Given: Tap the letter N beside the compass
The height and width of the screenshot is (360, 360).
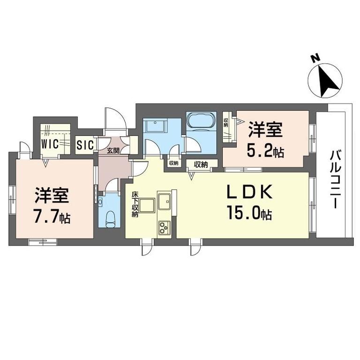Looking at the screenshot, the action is click(x=315, y=58).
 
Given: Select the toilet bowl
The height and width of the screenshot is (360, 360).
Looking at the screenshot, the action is click(x=110, y=219).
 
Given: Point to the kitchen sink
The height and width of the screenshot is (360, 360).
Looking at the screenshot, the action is click(x=164, y=202).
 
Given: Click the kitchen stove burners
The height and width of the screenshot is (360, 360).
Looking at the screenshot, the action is click(x=165, y=228).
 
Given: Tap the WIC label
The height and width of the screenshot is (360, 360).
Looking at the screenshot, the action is click(x=50, y=144).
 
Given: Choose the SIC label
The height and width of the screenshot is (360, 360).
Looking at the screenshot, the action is click(x=85, y=145).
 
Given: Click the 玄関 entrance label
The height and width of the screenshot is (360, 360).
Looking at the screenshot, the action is click(x=113, y=150).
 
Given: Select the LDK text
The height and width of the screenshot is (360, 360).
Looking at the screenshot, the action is click(x=250, y=191).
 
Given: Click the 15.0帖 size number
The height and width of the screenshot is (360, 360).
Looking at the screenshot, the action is click(x=249, y=213).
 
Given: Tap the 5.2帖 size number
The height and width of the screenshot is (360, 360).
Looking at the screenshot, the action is click(x=265, y=151).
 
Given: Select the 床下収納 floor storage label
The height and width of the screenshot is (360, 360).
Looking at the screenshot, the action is click(x=135, y=204).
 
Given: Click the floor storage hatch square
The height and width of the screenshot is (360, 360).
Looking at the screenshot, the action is click(x=146, y=205).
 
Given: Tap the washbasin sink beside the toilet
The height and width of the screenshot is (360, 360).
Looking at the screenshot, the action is click(x=100, y=202).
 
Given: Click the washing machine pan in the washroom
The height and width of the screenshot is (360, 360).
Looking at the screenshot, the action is click(x=155, y=125).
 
